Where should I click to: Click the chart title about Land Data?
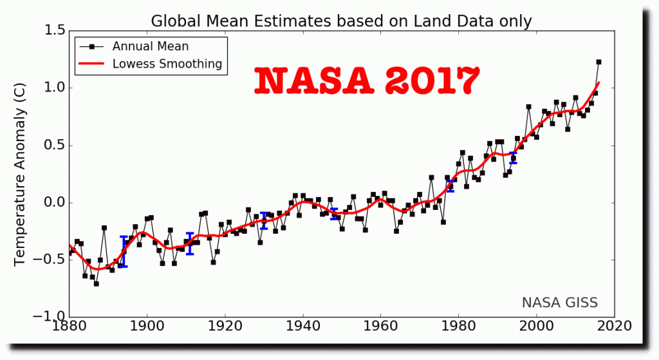[x=341, y=21]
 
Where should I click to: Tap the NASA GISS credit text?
[x=559, y=302]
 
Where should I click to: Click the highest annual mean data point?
[x=599, y=62]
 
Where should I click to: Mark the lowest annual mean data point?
[x=97, y=283]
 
